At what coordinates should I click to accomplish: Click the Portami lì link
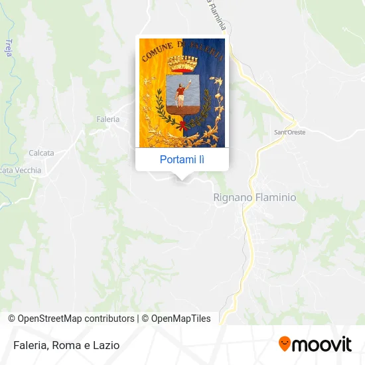(x=182, y=159)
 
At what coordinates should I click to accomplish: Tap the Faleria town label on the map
(x=108, y=119)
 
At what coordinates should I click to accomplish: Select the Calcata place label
(x=40, y=153)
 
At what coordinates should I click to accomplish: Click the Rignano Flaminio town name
(x=254, y=197)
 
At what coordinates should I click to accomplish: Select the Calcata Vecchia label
(x=20, y=171)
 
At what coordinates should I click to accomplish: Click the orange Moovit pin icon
(x=285, y=344)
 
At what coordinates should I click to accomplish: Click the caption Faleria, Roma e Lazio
(x=66, y=345)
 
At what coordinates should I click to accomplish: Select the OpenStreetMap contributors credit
(x=76, y=319)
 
